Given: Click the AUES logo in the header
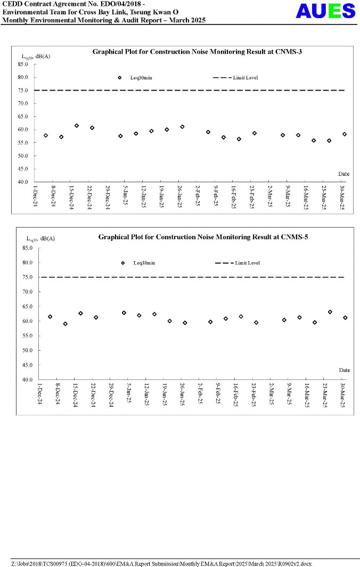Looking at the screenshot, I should pos(325,11).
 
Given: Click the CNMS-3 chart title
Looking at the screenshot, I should pos(198,52).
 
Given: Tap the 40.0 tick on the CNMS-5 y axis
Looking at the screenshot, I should pos(27,379).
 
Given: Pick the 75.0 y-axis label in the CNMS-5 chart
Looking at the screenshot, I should pos(27,277).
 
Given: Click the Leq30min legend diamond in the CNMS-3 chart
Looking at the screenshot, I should pos(120,78).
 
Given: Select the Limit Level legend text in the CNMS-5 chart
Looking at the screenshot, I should pos(248,263).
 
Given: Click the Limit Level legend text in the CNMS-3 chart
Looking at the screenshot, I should pos(246,78).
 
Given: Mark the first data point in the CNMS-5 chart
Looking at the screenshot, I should pos(50,317).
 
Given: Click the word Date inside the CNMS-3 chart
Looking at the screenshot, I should pos(344,174).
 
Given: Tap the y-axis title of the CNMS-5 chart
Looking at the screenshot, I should pos(41,238).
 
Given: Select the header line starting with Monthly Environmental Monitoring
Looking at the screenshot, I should pos(104,20).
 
